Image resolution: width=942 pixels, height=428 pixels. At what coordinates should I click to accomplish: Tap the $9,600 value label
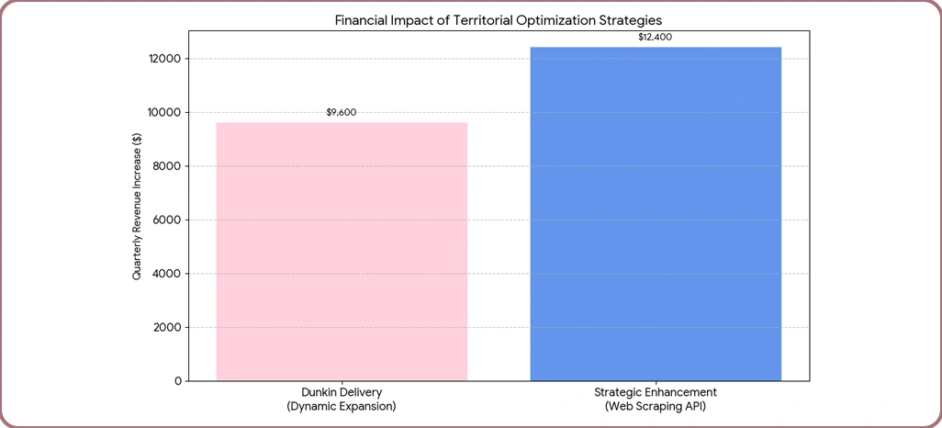[x=342, y=112]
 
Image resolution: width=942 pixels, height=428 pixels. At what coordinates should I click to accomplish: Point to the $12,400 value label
[x=656, y=37]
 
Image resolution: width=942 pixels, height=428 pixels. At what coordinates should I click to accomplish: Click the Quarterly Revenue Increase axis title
[x=137, y=207]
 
